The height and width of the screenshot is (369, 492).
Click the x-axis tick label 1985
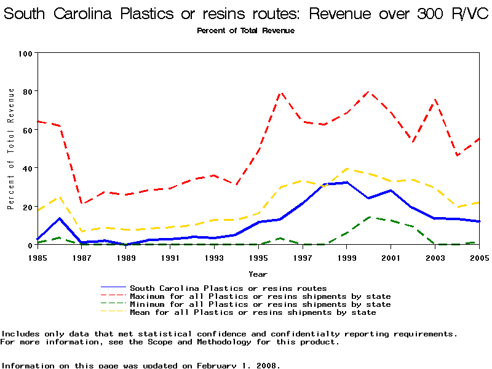coord(38,258)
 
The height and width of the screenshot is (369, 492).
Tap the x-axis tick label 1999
coord(347,258)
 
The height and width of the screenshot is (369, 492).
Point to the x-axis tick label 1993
coord(214,258)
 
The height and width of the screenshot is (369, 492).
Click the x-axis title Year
coord(258,274)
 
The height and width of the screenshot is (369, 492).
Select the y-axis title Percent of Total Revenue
coord(11,149)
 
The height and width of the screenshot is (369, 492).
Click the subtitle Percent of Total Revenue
coord(245,31)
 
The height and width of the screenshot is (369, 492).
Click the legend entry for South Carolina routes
coord(228,288)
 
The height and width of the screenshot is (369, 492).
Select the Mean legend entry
coord(253,312)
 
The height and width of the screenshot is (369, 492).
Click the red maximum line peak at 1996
coord(281,93)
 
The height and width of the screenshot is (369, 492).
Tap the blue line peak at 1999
coord(347,183)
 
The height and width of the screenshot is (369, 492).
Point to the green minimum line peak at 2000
coord(369,217)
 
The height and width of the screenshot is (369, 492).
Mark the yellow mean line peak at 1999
coord(347,169)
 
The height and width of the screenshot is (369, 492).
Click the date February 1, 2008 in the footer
coord(237,365)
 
